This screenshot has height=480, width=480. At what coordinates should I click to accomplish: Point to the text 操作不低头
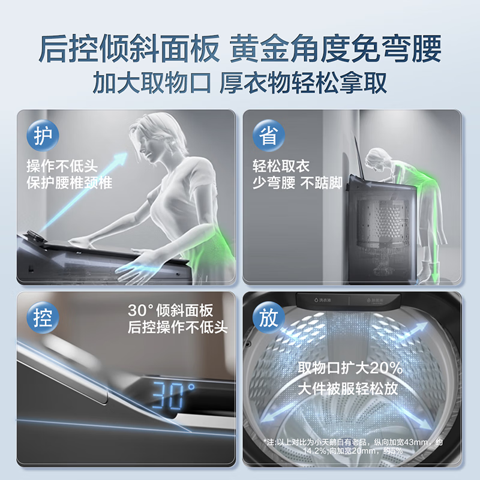click(62, 166)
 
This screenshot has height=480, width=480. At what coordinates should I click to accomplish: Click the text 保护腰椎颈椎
click(69, 183)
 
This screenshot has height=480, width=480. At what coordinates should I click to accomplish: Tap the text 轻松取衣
click(281, 166)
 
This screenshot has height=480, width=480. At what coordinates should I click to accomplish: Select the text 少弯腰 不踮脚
click(297, 183)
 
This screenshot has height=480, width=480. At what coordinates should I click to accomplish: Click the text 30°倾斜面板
click(170, 311)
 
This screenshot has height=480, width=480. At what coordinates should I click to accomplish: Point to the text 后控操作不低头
click(178, 328)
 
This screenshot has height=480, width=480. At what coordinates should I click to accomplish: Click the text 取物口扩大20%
click(350, 367)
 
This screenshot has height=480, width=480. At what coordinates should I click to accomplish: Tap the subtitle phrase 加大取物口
click(152, 82)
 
